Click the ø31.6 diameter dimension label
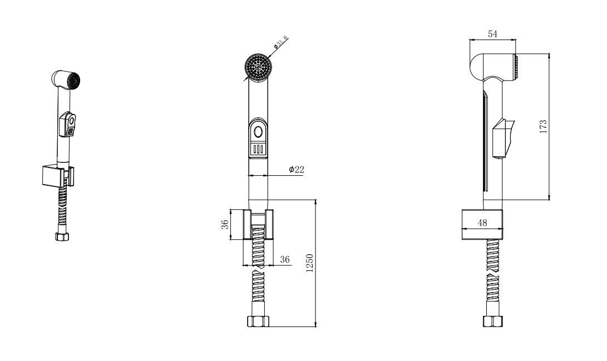[280, 42]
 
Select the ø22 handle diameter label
[297, 170]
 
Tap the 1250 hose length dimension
[309, 263]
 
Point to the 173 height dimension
[543, 126]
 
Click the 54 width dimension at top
[492, 34]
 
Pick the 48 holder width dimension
[482, 222]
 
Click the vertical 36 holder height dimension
[225, 224]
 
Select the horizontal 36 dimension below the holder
[285, 259]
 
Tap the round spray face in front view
[258, 67]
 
